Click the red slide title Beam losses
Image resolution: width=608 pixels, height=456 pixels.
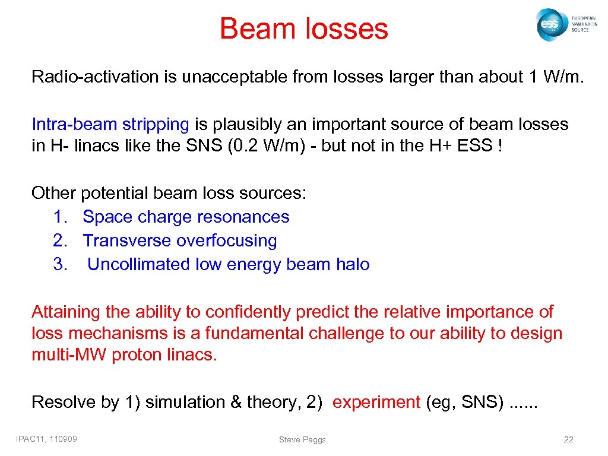click(x=303, y=28)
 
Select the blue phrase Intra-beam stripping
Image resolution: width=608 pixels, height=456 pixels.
click(x=110, y=124)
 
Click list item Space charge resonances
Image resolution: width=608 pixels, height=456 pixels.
click(x=186, y=217)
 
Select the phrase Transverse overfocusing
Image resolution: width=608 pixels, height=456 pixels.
click(x=180, y=240)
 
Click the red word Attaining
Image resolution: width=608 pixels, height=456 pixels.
click(x=66, y=312)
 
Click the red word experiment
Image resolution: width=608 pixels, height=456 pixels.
click(x=376, y=402)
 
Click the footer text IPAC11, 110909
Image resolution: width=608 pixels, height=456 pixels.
click(x=50, y=439)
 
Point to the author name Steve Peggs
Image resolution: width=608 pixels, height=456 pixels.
click(x=302, y=439)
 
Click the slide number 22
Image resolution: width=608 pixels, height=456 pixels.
click(x=568, y=439)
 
